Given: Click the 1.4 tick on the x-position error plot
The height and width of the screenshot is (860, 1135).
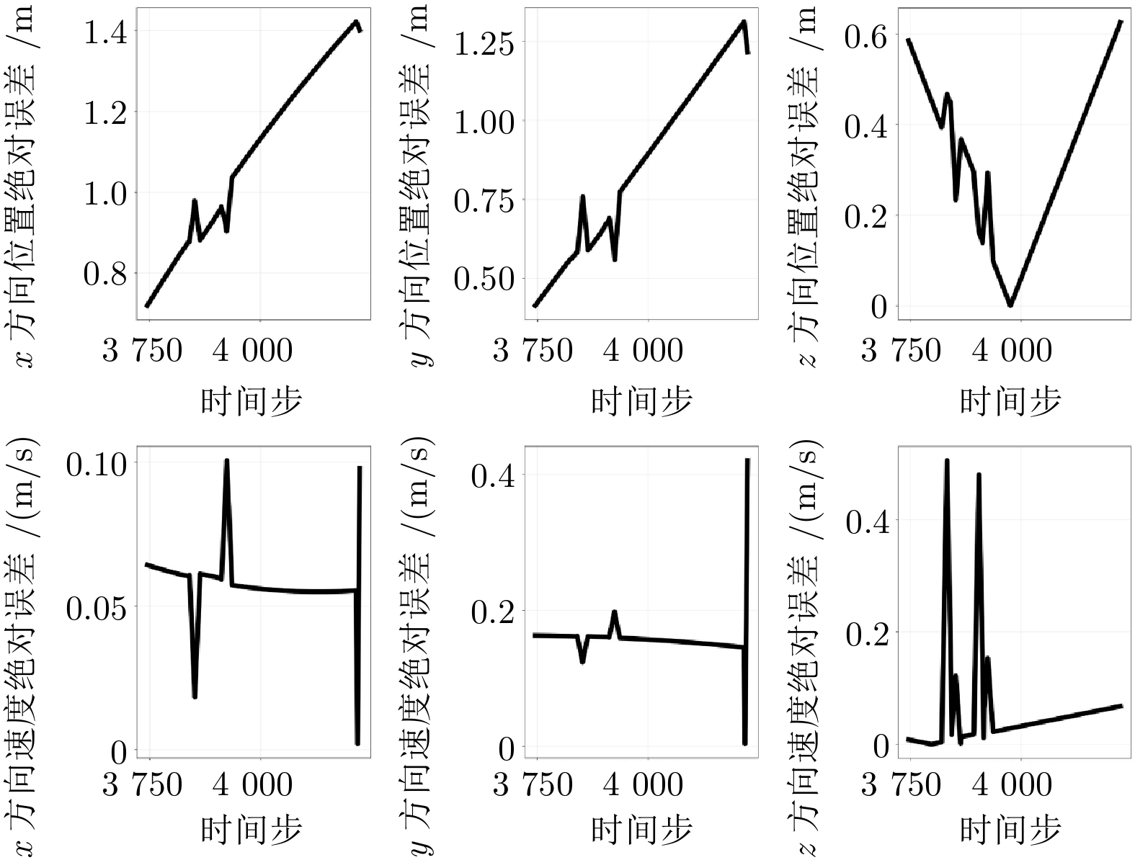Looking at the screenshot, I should [107, 32].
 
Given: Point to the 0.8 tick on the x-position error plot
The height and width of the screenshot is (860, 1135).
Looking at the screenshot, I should [107, 274].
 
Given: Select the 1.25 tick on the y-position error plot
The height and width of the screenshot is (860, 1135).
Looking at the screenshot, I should [484, 42].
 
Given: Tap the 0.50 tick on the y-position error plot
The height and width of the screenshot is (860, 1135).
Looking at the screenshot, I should [484, 279].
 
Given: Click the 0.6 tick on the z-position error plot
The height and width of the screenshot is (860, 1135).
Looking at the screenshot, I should [867, 36].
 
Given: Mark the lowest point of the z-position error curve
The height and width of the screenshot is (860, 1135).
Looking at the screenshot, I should [1010, 305].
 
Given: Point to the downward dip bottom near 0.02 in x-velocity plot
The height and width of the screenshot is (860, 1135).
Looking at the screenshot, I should [195, 696].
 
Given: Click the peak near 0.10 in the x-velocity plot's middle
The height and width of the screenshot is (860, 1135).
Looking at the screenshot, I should [226, 460].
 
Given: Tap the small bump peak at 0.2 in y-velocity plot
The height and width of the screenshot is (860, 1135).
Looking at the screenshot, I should [614, 612].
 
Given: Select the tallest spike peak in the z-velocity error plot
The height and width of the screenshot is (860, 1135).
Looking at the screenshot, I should [947, 460].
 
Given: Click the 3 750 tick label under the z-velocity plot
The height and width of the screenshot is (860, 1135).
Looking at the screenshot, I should [902, 785].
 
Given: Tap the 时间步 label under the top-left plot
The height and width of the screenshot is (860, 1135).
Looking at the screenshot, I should [251, 401].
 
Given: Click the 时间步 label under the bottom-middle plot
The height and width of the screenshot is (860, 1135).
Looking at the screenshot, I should [641, 830].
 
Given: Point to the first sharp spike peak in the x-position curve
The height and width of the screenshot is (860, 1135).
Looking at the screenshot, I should [195, 200].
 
